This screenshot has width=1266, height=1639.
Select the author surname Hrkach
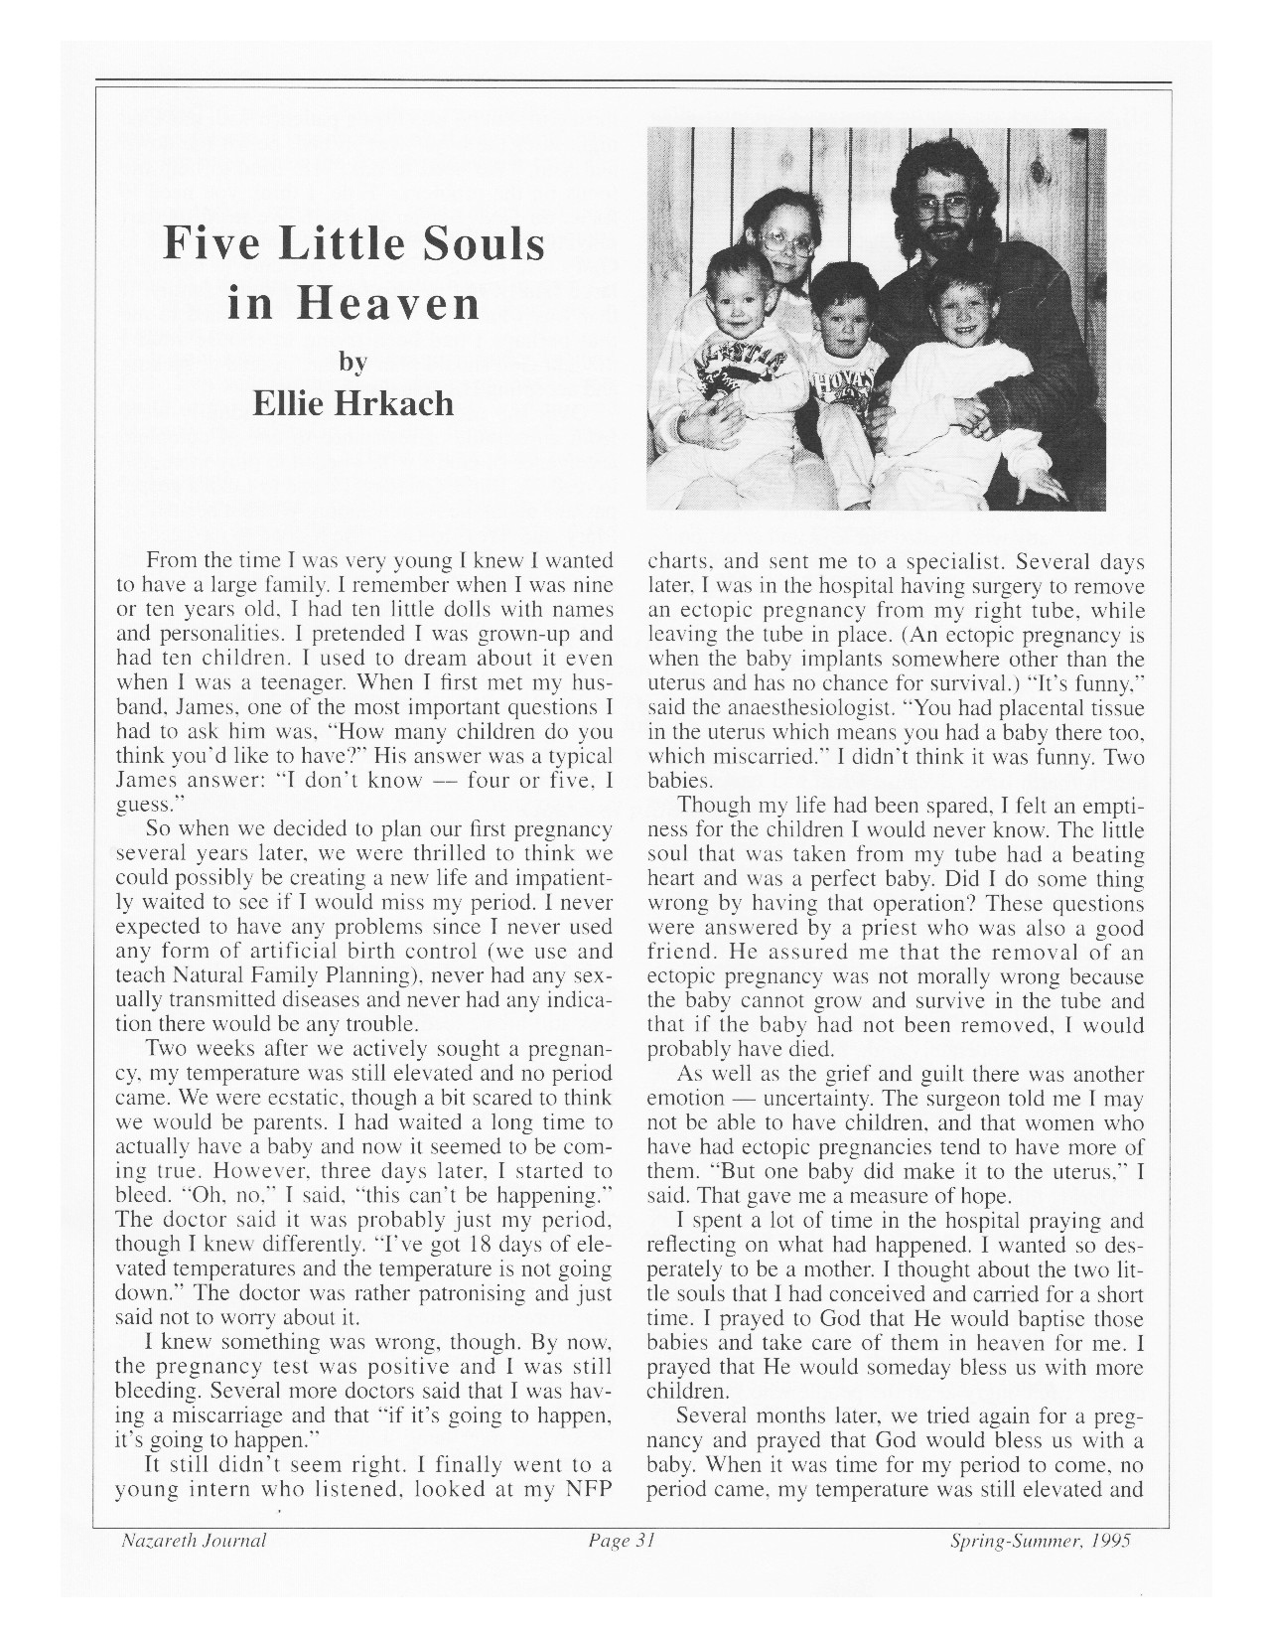point(395,403)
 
